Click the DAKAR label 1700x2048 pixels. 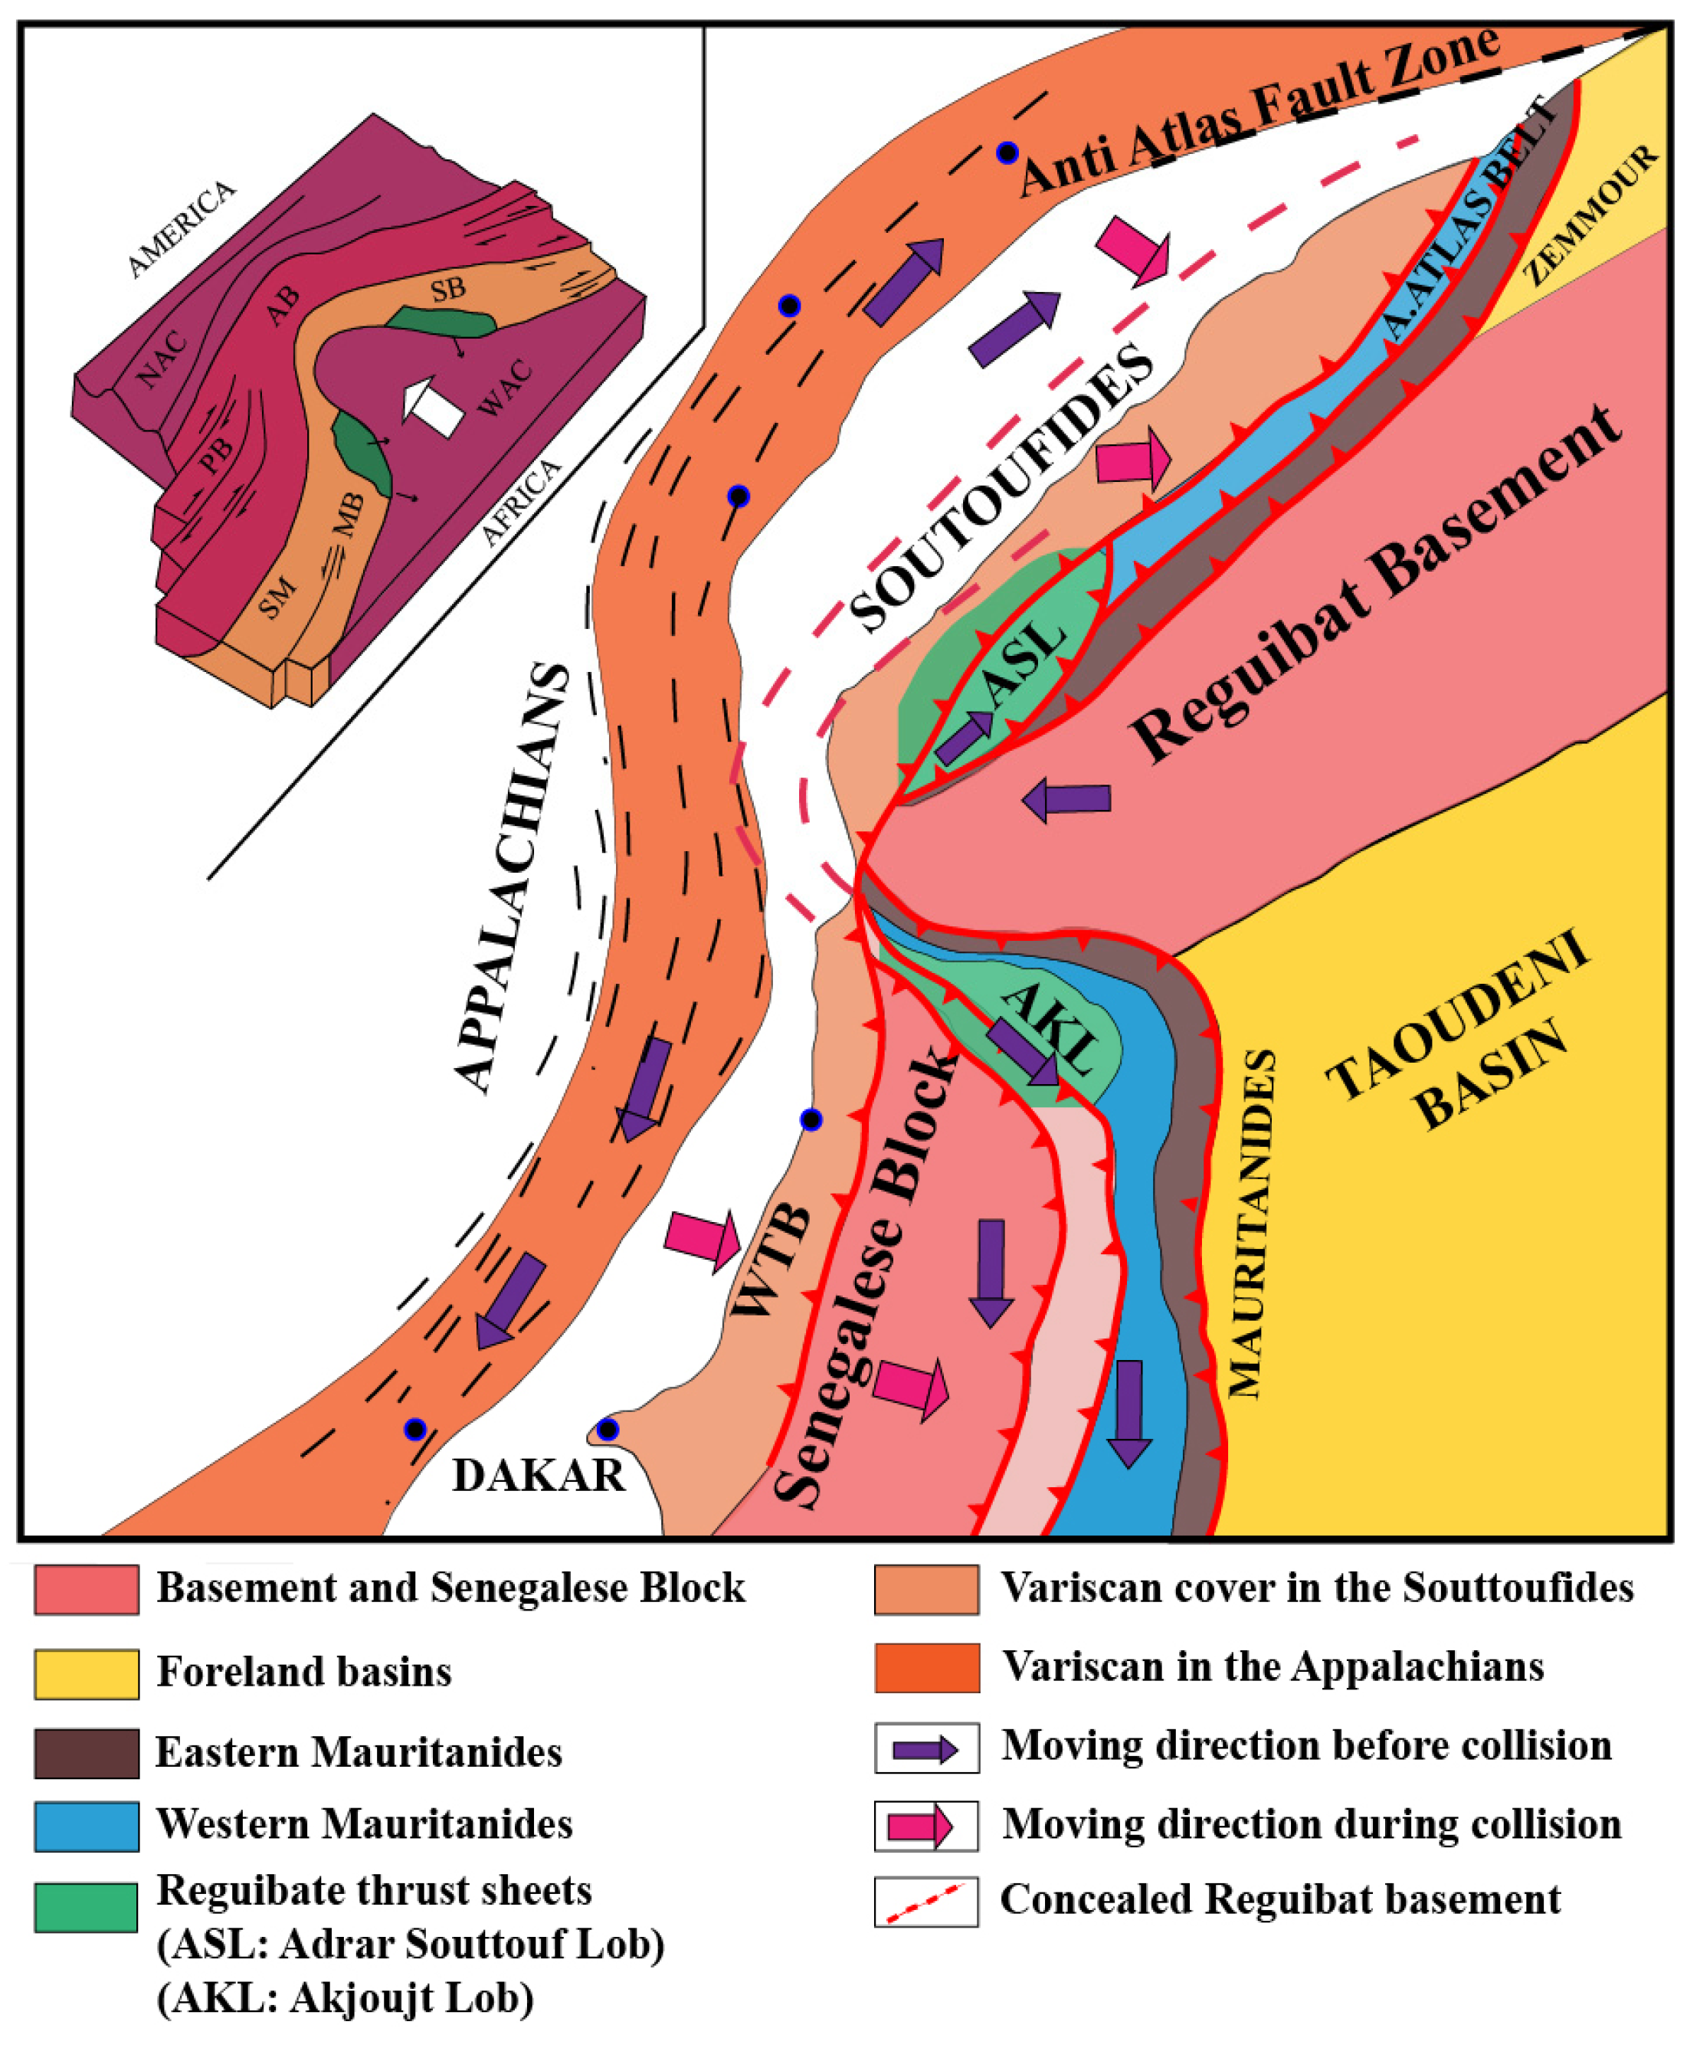539,1475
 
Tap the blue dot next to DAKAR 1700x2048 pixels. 608,1430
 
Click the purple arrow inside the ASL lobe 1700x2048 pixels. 964,737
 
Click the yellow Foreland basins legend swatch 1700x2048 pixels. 86,1673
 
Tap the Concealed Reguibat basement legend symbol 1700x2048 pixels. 925,1902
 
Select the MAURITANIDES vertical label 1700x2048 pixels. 1251,1223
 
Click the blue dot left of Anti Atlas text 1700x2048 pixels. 1007,153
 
